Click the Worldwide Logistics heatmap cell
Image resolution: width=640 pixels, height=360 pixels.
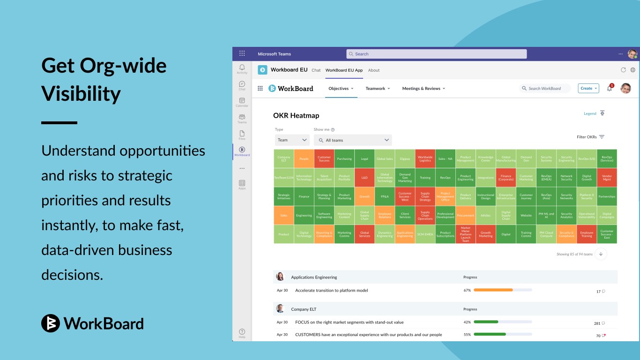point(425,159)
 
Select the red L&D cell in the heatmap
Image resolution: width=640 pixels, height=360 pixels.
point(365,178)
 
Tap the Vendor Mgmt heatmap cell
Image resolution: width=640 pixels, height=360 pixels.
point(607,178)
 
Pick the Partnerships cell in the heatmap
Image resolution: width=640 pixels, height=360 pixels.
point(607,196)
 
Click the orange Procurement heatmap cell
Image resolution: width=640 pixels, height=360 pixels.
point(465,216)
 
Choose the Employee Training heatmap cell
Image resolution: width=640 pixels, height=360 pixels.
point(587,234)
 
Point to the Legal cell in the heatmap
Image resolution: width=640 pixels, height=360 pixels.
point(365,159)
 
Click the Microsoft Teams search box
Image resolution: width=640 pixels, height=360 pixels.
point(436,54)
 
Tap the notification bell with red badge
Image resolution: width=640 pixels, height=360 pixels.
point(610,88)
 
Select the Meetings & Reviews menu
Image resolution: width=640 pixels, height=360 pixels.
point(424,89)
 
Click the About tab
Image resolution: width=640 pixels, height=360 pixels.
point(374,70)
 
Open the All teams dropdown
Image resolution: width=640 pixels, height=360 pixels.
point(353,140)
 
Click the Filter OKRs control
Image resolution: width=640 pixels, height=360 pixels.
point(590,137)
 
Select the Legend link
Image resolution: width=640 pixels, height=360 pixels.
point(590,113)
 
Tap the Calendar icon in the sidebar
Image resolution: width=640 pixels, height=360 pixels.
point(242,102)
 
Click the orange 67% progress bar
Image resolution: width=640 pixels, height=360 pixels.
point(493,290)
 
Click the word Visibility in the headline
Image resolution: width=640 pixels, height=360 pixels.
point(81,94)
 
